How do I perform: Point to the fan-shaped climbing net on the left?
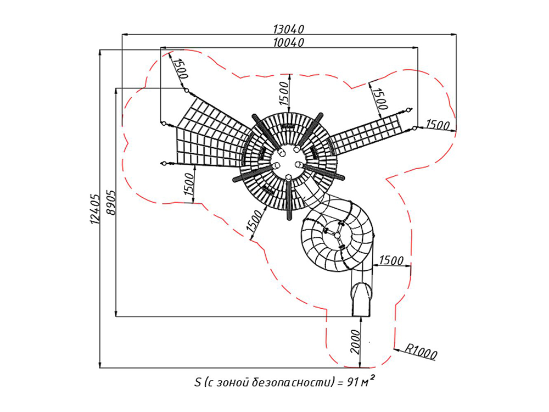click(x=206, y=135)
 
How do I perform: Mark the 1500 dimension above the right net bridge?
click(x=380, y=96)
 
